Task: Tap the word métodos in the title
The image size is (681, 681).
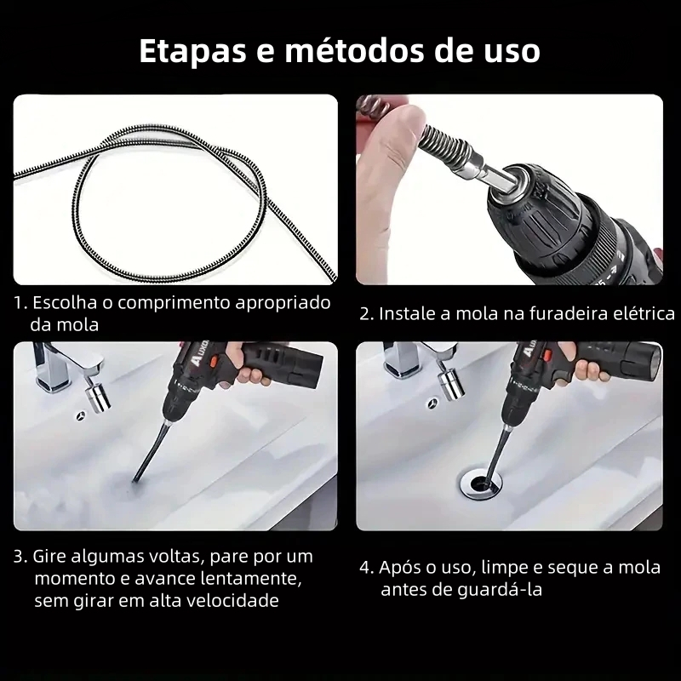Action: [x=354, y=50]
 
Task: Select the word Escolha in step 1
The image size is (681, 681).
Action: [x=65, y=302]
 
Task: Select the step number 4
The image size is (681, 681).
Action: [x=366, y=568]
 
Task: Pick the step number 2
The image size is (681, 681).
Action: [x=366, y=314]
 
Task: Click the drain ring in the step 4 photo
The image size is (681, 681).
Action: [x=480, y=482]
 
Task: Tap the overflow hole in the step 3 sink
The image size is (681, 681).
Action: [x=81, y=416]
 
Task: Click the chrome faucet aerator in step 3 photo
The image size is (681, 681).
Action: [x=97, y=398]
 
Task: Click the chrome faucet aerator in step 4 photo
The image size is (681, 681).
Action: [x=452, y=384]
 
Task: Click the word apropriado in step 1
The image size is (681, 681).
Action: [x=283, y=303]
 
